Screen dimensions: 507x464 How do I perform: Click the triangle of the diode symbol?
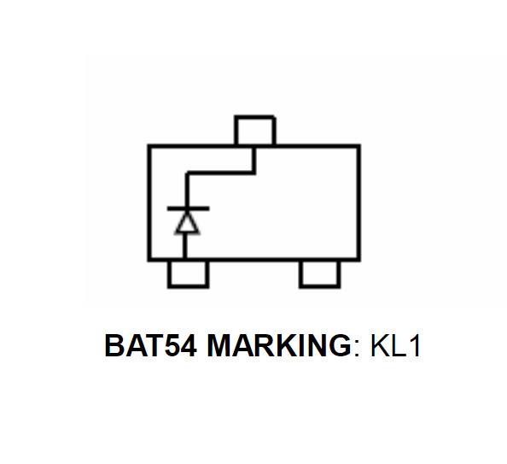(187, 223)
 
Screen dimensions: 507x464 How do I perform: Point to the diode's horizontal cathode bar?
(188, 209)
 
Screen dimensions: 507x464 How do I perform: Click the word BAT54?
(151, 346)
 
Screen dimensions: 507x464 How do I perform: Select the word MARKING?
(279, 346)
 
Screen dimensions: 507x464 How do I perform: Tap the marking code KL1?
(395, 346)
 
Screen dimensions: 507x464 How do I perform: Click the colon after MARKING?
(357, 349)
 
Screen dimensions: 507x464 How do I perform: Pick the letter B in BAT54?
(114, 346)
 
